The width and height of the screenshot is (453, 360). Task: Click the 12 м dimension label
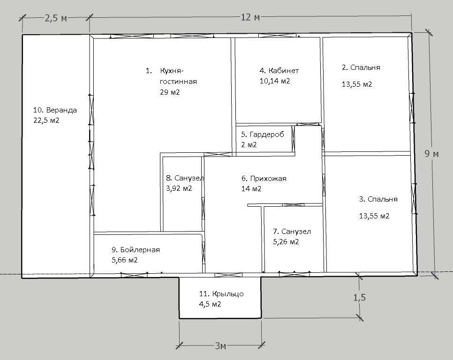[x=250, y=17]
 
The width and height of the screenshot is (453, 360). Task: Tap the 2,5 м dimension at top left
[x=56, y=18]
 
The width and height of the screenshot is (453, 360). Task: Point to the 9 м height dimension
[x=431, y=154]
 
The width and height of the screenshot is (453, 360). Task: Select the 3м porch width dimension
[x=220, y=345]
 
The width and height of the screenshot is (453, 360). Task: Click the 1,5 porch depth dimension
[x=360, y=297]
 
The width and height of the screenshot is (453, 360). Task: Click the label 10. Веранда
[x=55, y=110]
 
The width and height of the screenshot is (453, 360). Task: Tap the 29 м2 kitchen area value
[x=170, y=92]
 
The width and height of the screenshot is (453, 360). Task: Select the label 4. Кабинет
[x=279, y=70]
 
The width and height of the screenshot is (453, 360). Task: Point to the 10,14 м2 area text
[x=275, y=81]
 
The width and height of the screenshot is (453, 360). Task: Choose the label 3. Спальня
[x=378, y=199]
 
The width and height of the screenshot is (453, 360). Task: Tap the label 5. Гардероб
[x=263, y=134]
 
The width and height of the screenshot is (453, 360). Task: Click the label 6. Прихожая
[x=264, y=179]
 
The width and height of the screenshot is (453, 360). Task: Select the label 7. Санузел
[x=292, y=232]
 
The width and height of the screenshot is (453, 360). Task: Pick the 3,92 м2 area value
[x=179, y=188]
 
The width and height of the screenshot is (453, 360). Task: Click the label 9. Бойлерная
[x=136, y=250]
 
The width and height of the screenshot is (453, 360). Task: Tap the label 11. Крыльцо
[x=221, y=294]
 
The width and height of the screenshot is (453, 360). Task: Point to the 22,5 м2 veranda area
[x=46, y=120]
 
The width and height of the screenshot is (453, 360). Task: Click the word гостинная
[x=178, y=82]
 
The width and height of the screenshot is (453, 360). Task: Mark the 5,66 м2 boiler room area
[x=125, y=260]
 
